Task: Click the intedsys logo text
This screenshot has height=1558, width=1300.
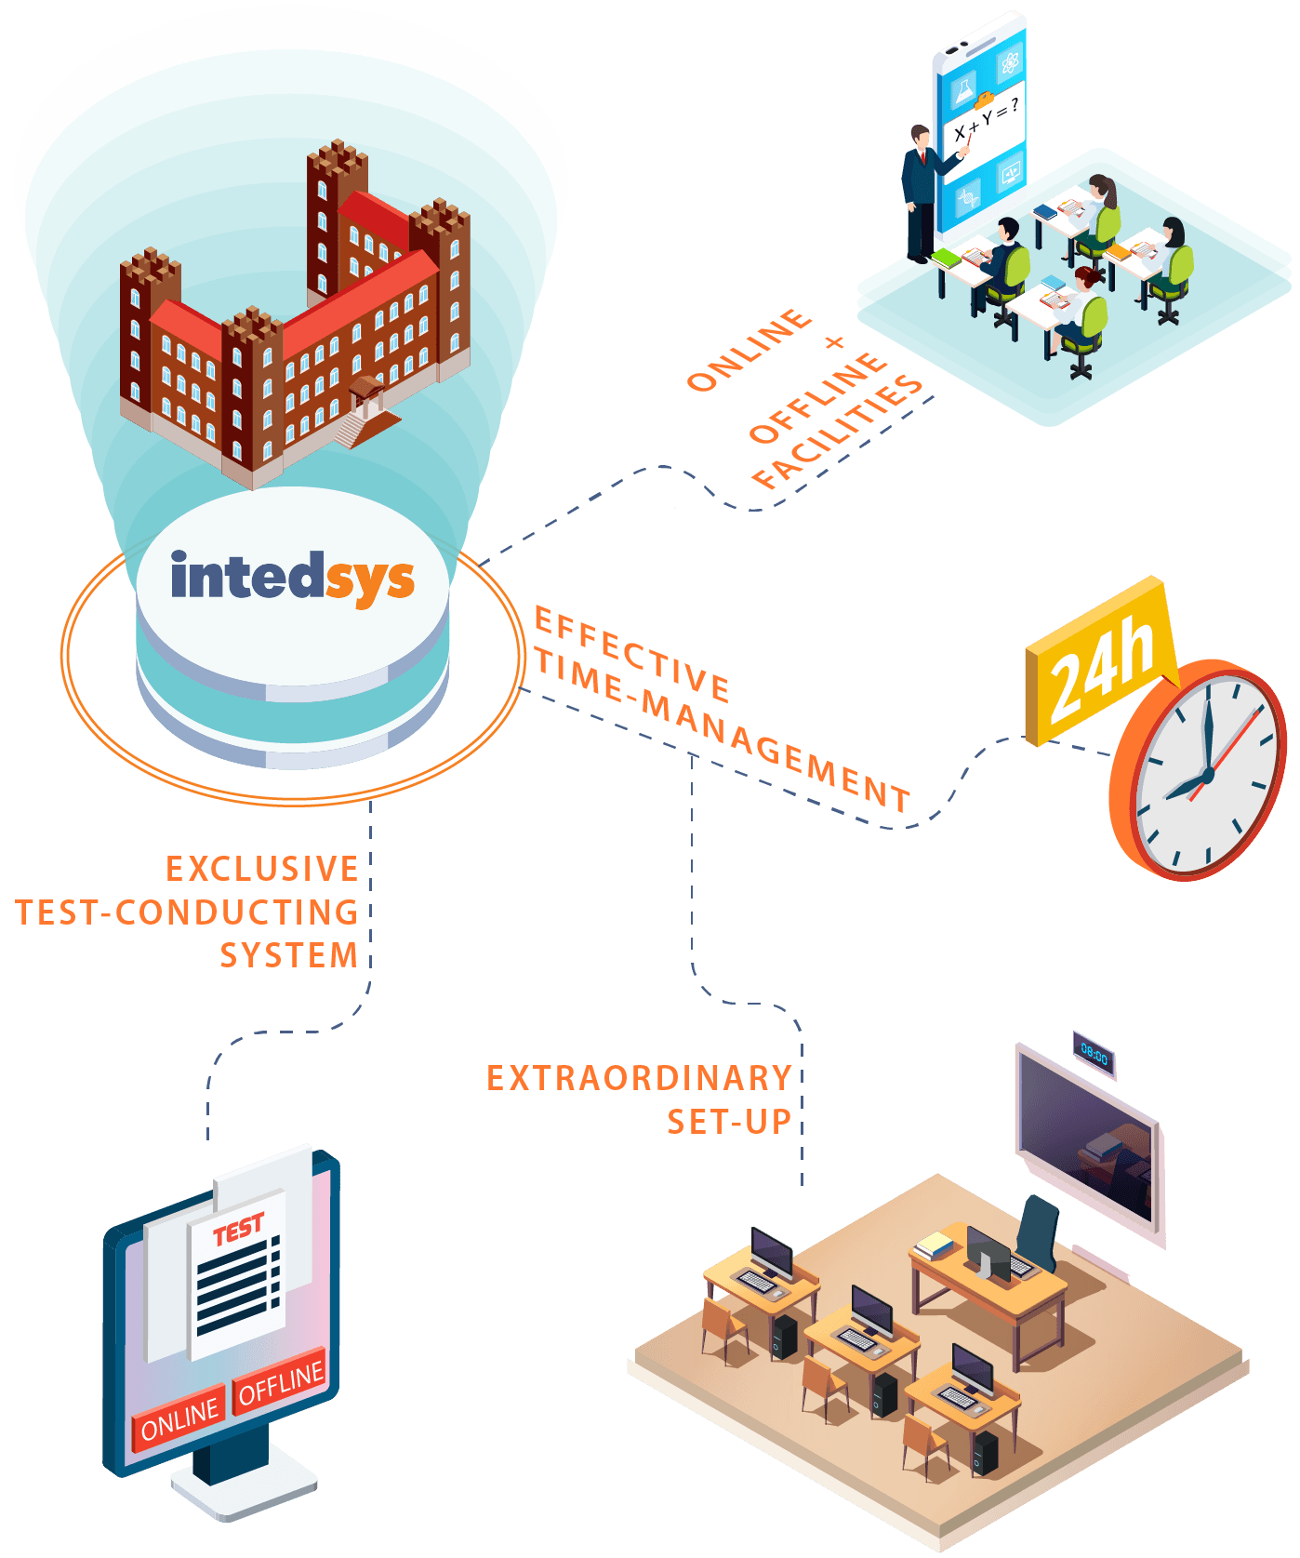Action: click(x=292, y=578)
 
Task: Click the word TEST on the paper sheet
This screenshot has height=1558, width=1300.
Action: click(x=238, y=1230)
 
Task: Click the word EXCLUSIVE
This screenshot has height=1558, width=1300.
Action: click(x=262, y=869)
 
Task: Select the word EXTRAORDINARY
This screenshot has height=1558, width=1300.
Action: click(x=639, y=1078)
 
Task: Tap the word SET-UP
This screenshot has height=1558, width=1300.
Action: click(x=729, y=1122)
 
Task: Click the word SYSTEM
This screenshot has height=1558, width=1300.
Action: click(x=288, y=955)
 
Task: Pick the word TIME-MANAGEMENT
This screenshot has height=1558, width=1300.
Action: click(x=721, y=729)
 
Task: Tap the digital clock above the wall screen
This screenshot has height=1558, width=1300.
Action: click(x=1094, y=1055)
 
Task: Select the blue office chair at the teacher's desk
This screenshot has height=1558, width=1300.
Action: click(x=1037, y=1232)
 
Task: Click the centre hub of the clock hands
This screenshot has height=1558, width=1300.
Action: click(x=1206, y=774)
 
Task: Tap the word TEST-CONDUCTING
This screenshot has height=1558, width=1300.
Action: click(x=186, y=912)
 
